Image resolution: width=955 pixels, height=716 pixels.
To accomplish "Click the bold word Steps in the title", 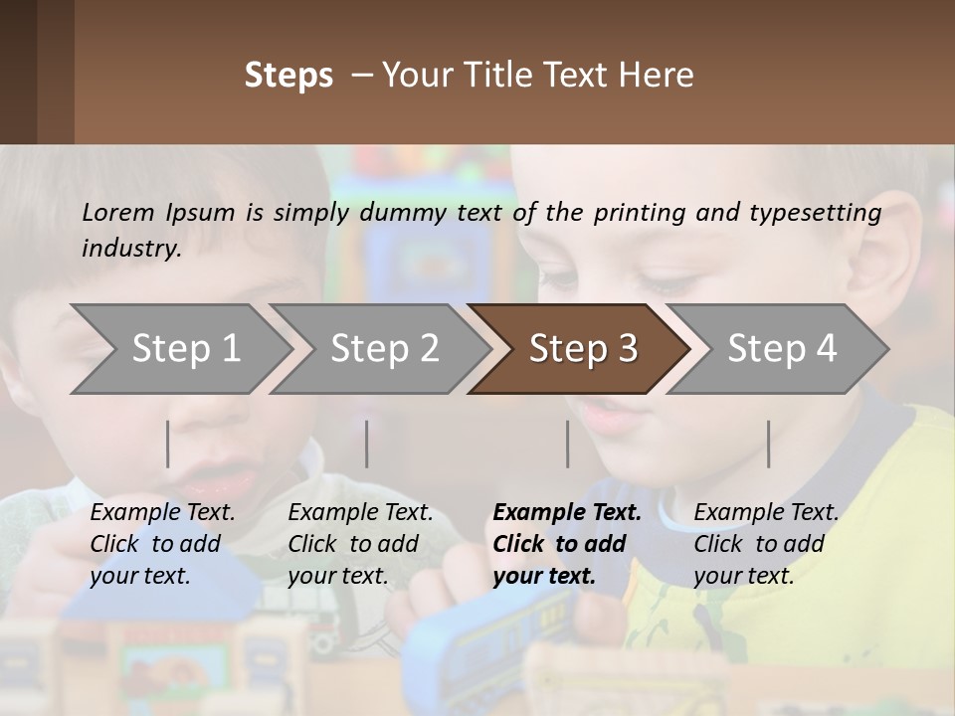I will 288,76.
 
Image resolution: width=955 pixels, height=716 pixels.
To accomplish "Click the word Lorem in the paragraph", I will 117,212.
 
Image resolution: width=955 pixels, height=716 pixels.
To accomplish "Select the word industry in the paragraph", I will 129,248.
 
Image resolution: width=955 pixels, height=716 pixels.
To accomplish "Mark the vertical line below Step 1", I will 168,444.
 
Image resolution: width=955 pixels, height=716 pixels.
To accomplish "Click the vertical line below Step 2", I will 367,444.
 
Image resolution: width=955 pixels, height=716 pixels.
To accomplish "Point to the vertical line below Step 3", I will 567,444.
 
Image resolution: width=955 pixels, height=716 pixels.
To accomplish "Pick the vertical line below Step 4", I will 768,444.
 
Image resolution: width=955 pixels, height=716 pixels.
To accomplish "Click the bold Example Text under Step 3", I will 567,513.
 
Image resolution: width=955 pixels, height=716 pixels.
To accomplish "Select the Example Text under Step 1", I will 162,513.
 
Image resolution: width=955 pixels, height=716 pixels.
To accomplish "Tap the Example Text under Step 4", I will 766,513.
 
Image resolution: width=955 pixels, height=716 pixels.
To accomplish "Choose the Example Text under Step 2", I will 360,513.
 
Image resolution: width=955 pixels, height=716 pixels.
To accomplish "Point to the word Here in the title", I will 658,76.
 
